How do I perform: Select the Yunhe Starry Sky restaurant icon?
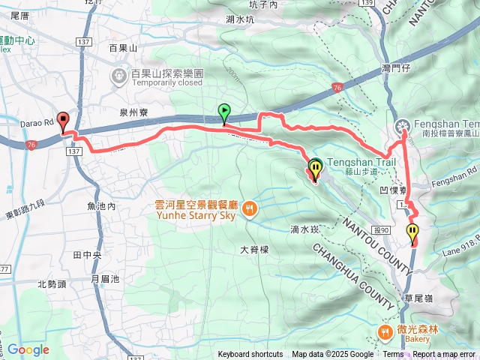tap(250, 208)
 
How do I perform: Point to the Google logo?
tap(28, 349)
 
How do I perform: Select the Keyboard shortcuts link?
tap(250, 355)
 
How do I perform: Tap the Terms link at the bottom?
tap(393, 355)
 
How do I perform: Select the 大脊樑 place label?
tap(254, 249)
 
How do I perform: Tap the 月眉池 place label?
tap(104, 279)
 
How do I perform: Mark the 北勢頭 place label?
tap(52, 283)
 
